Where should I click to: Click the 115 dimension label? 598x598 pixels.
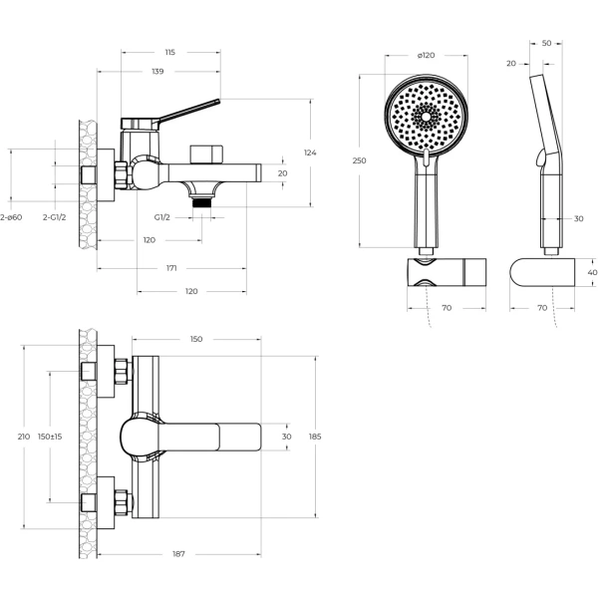click(x=169, y=52)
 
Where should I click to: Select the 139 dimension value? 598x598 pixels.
click(x=158, y=72)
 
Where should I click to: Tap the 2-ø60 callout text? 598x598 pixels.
click(x=10, y=216)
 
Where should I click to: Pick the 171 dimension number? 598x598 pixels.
click(x=171, y=268)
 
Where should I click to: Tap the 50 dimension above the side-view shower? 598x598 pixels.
click(x=547, y=44)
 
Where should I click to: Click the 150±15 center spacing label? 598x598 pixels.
click(x=50, y=437)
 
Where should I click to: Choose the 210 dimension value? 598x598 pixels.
click(x=10, y=437)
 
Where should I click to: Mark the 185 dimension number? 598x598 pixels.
click(x=316, y=437)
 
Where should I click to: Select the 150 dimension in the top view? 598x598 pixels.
click(x=195, y=340)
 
